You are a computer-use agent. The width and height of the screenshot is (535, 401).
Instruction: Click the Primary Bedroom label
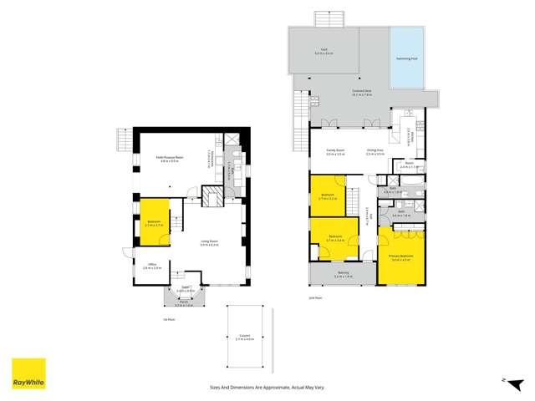tap(401, 257)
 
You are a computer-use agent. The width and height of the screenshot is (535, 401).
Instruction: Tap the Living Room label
tap(209, 243)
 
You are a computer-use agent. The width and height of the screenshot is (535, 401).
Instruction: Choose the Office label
tap(151, 266)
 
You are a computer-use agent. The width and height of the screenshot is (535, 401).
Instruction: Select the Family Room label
tap(336, 152)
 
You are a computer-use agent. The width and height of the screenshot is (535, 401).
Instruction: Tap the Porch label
tap(183, 305)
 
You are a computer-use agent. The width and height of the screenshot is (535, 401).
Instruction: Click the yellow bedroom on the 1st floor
tap(153, 223)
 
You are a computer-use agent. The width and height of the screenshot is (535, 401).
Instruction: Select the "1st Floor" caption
tap(168, 319)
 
